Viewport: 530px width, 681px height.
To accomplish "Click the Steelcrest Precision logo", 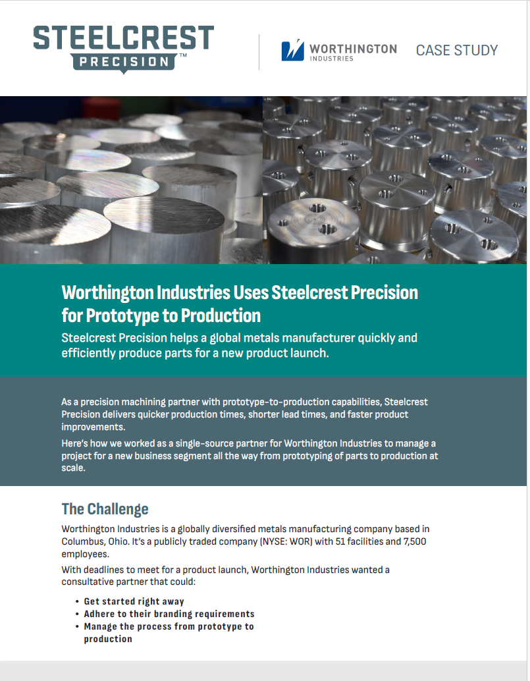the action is click(x=124, y=49).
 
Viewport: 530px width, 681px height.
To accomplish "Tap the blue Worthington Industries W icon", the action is click(x=292, y=50).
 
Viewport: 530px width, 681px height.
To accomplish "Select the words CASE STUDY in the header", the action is click(x=457, y=50).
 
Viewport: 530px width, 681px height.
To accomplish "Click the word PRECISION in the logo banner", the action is click(x=124, y=62).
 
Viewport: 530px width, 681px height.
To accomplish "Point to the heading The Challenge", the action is click(x=105, y=509).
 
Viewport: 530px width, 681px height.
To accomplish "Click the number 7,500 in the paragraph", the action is click(x=415, y=541).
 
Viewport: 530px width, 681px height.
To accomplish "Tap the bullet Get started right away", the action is click(x=134, y=601).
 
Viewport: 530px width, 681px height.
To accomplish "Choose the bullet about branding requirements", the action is click(x=169, y=614).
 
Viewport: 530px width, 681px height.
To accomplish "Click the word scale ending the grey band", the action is click(x=73, y=468).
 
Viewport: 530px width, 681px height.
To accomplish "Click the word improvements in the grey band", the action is click(x=93, y=427).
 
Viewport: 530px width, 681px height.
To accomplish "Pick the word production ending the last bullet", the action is click(x=108, y=640).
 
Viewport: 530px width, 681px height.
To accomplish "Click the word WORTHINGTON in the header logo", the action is click(x=353, y=49).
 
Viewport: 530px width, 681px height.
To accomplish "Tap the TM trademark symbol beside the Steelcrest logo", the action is click(x=183, y=55).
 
